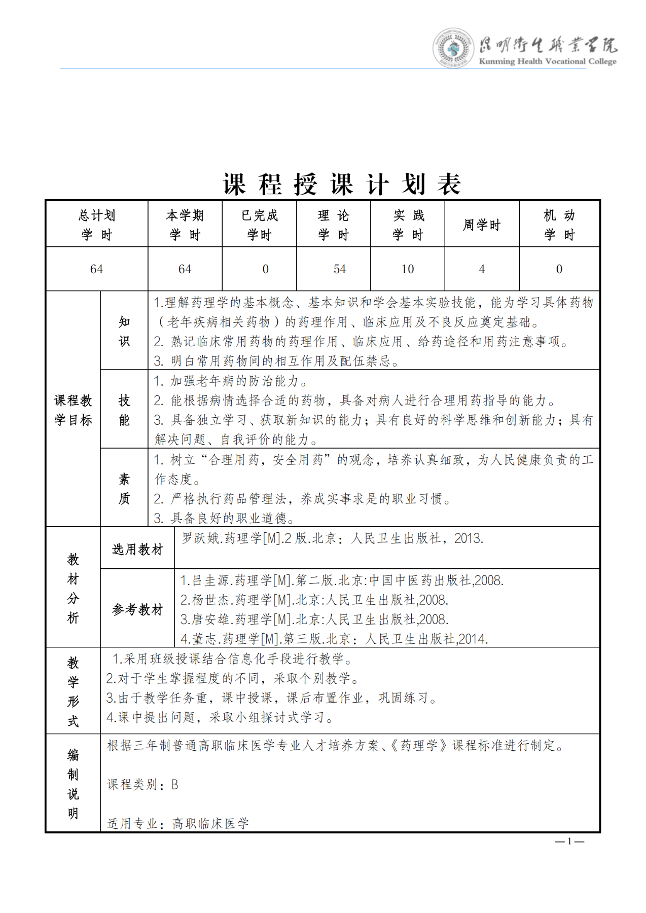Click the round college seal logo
tap(453, 48)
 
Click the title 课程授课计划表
tap(342, 184)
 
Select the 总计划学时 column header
tap(96, 225)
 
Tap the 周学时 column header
tap(482, 225)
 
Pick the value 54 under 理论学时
tap(340, 269)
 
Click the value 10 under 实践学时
tap(408, 269)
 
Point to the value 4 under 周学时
tap(482, 269)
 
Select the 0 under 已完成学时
tap(265, 269)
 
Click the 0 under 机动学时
tap(559, 269)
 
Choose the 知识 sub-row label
tap(124, 331)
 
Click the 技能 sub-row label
tap(124, 410)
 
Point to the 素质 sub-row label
tap(124, 489)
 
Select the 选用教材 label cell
tap(137, 549)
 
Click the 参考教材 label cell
tap(137, 609)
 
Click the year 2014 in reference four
tap(472, 639)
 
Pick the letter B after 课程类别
tap(174, 785)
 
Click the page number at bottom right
tap(569, 842)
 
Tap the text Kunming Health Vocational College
tap(548, 61)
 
